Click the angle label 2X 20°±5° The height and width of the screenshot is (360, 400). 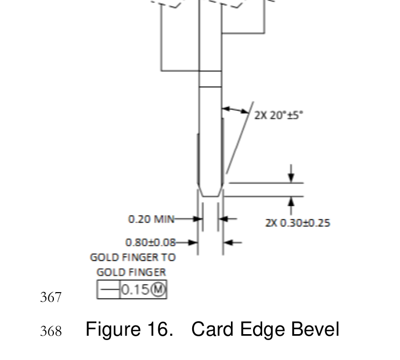[x=278, y=115]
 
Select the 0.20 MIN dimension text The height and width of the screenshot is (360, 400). [x=151, y=219]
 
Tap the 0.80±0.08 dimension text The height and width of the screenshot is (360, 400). [x=150, y=243]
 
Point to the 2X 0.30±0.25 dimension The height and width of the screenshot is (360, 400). [x=297, y=223]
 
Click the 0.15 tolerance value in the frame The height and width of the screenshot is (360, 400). [x=135, y=290]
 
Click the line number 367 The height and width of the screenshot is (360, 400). [x=51, y=297]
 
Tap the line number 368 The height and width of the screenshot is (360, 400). [x=51, y=330]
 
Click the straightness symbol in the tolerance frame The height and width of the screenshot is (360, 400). [x=109, y=290]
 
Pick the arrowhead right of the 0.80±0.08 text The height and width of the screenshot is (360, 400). [x=194, y=243]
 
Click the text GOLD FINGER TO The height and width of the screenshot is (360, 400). [x=132, y=258]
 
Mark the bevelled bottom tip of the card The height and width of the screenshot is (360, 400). [x=210, y=192]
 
